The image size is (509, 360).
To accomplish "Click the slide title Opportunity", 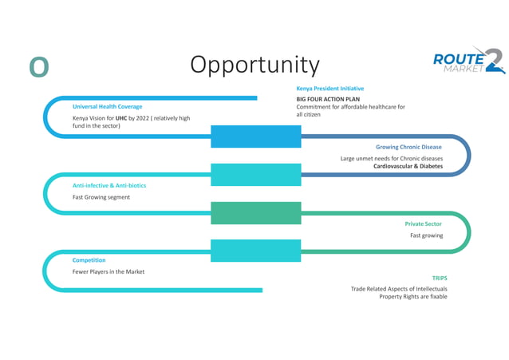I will (254, 65).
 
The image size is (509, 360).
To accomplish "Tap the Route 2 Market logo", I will (468, 61).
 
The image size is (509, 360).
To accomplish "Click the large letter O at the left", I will (39, 67).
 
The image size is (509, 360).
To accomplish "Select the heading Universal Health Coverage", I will (108, 106).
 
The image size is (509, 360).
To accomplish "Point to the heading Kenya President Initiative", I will (329, 88).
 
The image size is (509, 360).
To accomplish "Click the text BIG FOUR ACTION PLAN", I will (328, 99).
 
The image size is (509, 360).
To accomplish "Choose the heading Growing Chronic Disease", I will (408, 147).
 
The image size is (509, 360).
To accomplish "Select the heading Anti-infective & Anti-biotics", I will (109, 185).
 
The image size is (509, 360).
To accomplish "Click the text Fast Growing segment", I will (101, 197).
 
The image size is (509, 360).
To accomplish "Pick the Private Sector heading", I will (423, 224).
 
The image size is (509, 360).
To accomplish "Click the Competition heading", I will (89, 260).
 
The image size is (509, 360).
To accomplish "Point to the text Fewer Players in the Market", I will (109, 271).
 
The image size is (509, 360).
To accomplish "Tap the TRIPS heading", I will (440, 278).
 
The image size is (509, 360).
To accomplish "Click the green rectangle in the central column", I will (256, 213).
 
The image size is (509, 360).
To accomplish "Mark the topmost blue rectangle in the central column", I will (256, 136).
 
